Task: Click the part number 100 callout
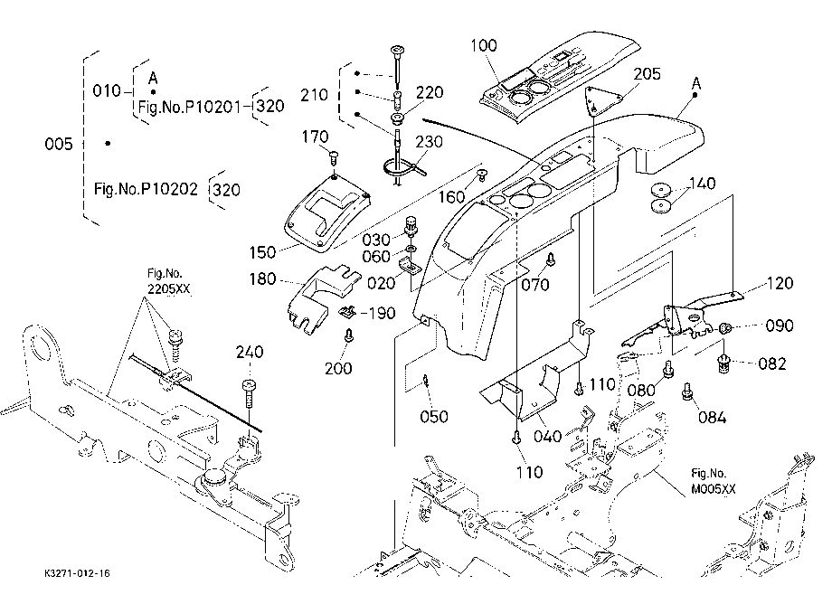point(484,45)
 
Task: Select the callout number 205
point(648,74)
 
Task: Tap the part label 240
point(250,352)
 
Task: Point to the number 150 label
point(262,252)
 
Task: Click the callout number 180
point(262,278)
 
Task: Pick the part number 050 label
point(434,416)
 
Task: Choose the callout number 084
point(712,418)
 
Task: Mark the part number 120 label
point(780,283)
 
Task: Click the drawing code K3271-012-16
point(78,573)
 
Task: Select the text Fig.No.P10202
point(146,189)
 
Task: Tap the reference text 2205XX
point(168,289)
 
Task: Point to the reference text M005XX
point(714,489)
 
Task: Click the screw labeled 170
point(334,157)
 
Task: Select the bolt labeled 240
point(249,394)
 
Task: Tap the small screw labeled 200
point(348,335)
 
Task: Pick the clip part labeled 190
point(347,312)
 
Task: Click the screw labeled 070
point(551,260)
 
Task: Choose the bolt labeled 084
point(687,392)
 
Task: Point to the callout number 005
point(59,144)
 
